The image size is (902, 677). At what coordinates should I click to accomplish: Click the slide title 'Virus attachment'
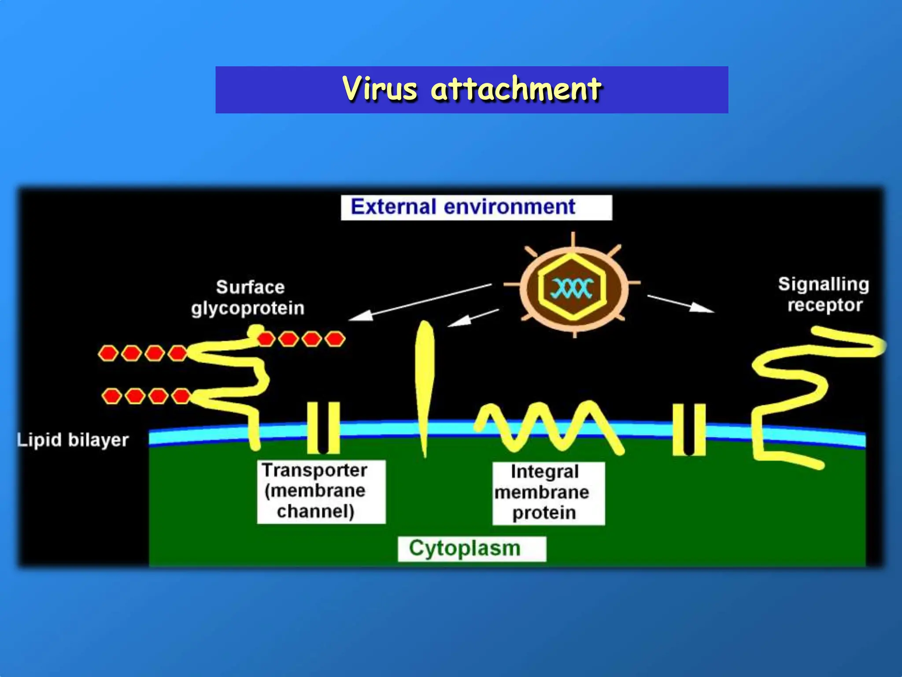[x=472, y=89]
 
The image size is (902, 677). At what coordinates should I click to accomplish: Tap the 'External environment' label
[x=463, y=207]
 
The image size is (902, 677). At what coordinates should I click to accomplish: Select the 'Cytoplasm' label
[x=465, y=549]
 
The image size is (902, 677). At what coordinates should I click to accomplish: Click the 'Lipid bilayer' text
[x=73, y=440]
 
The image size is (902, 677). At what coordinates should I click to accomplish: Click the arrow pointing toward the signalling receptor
[x=680, y=303]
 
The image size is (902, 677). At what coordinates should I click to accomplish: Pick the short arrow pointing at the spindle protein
[x=473, y=318]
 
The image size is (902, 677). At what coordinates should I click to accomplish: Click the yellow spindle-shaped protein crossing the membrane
[x=425, y=379]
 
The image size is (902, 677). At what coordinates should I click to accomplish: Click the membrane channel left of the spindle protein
[x=323, y=428]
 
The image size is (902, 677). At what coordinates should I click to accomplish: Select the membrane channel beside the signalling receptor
[x=689, y=430]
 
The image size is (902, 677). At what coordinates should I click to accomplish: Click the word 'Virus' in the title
[x=380, y=89]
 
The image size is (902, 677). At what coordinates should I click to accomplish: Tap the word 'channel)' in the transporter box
[x=315, y=511]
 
